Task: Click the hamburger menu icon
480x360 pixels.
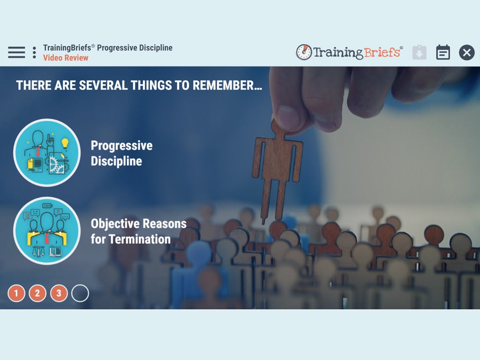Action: (x=16, y=52)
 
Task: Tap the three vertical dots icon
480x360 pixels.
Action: (x=34, y=52)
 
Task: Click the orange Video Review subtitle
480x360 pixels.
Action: (x=66, y=58)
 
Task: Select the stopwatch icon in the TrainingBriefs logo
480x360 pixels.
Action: (x=304, y=52)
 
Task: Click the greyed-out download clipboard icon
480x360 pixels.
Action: (x=420, y=52)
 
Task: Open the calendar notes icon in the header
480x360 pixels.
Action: (x=442, y=52)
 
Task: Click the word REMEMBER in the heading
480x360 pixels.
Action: (x=227, y=85)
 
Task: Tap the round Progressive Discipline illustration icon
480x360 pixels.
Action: (x=47, y=152)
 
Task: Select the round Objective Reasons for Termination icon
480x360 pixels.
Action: (x=47, y=231)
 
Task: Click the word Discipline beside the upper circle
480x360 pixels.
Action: (x=116, y=161)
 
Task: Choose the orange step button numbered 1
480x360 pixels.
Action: (x=16, y=293)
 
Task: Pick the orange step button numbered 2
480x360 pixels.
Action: (x=37, y=293)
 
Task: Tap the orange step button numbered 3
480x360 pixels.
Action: (x=59, y=293)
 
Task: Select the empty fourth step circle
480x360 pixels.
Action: (x=80, y=293)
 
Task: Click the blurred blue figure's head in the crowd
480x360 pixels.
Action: (x=199, y=254)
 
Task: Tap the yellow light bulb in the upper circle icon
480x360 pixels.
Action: (x=65, y=143)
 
